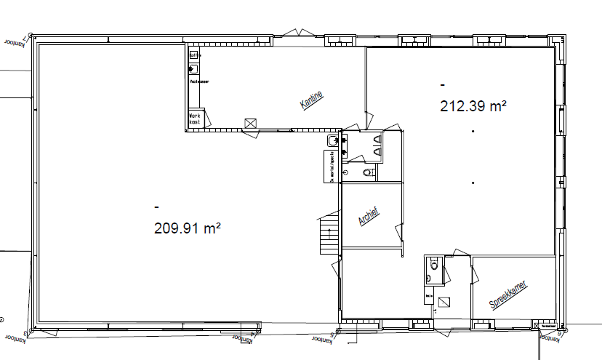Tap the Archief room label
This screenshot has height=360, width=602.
370,217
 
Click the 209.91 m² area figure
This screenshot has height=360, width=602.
187,228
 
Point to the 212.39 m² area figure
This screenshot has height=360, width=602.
473,106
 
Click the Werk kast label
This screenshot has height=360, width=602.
194,119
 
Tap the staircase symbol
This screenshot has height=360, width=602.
329,234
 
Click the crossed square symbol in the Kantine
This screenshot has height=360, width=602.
252,124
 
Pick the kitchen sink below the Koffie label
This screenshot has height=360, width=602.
193,69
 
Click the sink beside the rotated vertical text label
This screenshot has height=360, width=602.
333,140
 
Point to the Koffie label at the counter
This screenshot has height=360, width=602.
193,55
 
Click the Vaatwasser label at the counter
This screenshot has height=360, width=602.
199,82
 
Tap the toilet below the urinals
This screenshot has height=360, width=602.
368,172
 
